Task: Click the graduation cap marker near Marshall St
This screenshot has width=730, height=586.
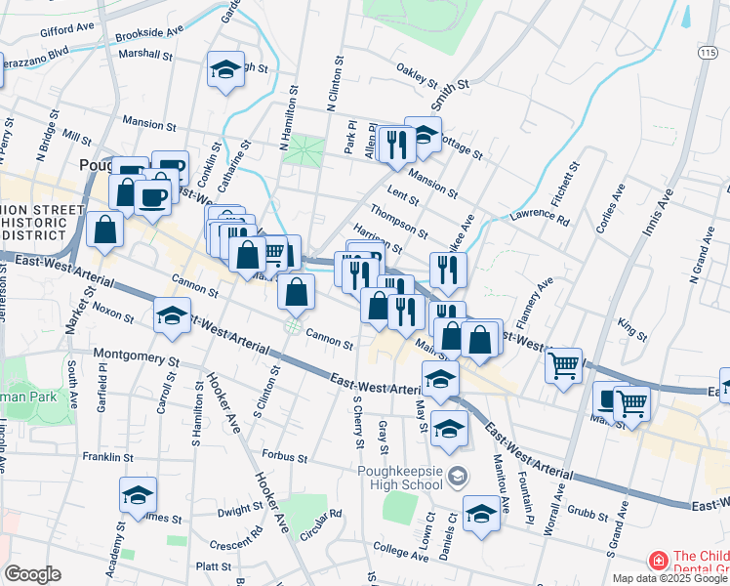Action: tap(225, 70)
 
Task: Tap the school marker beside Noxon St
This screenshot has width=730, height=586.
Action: tap(172, 316)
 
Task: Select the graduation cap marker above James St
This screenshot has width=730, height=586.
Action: tap(138, 495)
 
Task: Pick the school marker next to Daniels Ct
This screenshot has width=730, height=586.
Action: tap(481, 513)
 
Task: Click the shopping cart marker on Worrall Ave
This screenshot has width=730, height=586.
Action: tap(564, 366)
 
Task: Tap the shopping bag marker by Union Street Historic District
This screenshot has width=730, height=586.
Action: tap(104, 230)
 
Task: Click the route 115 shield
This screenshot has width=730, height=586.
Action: tap(706, 51)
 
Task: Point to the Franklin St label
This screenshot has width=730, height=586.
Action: tap(107, 456)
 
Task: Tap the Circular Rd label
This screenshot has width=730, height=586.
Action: tap(321, 516)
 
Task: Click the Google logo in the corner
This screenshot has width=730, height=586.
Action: tap(32, 574)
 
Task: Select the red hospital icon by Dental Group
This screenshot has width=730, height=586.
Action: tap(659, 562)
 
